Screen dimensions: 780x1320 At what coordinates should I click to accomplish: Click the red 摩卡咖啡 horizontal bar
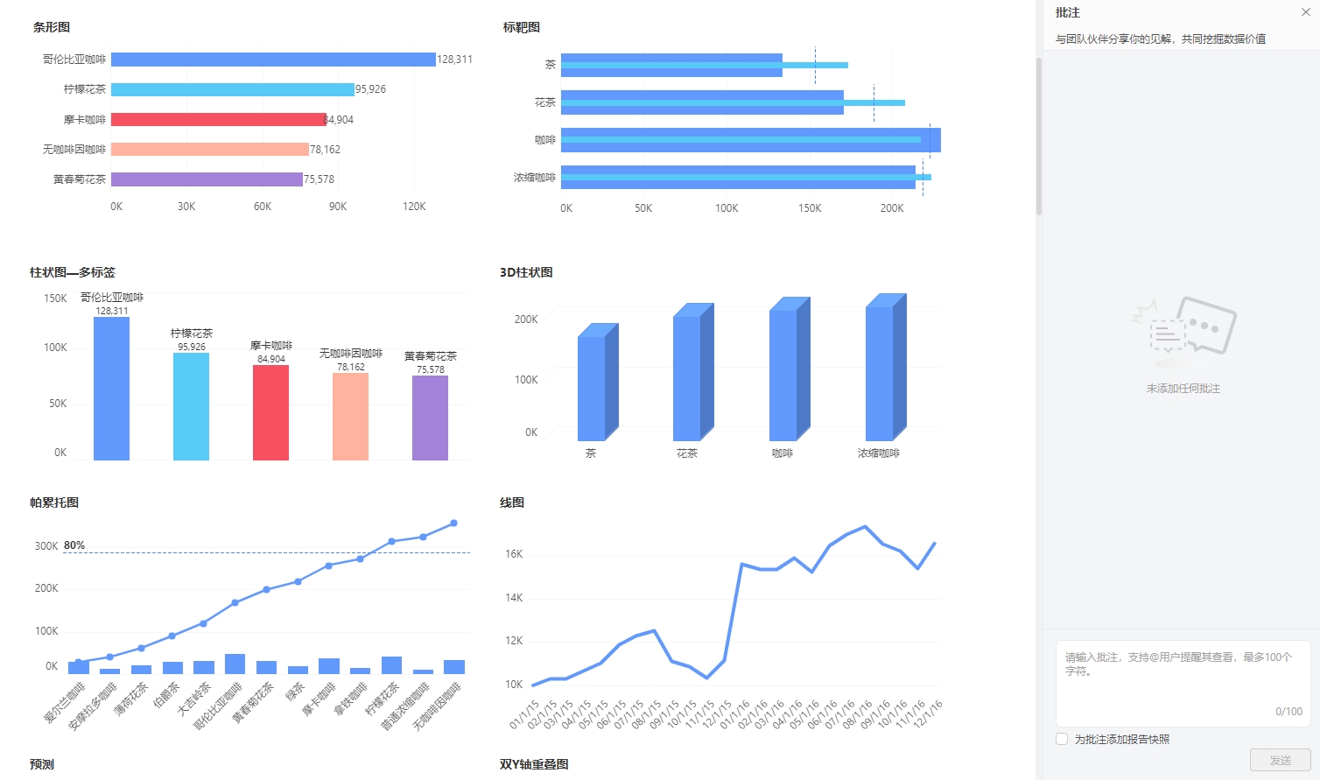click(x=218, y=119)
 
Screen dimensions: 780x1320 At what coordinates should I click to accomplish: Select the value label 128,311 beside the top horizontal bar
click(x=454, y=60)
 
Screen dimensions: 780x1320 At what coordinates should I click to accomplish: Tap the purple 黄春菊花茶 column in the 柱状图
click(x=430, y=418)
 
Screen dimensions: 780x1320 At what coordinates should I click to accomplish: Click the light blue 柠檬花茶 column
click(x=191, y=406)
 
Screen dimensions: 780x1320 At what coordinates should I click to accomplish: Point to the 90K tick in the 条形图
click(x=338, y=207)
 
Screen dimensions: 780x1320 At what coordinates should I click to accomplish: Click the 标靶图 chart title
click(x=522, y=27)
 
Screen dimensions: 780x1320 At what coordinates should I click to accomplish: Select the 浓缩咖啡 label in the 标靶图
click(x=534, y=178)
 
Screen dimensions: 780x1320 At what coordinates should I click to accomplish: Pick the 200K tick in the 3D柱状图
click(x=526, y=320)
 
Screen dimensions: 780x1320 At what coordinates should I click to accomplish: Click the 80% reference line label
click(x=74, y=545)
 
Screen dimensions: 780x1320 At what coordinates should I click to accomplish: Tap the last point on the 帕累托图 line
click(x=453, y=524)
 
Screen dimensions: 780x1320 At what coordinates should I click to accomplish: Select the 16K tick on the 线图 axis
click(x=514, y=554)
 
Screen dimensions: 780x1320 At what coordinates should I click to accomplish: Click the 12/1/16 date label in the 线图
click(x=928, y=714)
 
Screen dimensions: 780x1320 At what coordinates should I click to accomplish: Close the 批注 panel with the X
click(x=1306, y=12)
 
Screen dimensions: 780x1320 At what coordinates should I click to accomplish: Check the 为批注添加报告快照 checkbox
click(x=1062, y=739)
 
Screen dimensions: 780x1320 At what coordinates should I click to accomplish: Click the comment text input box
click(x=1182, y=683)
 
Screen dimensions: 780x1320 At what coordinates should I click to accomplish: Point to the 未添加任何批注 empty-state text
click(x=1183, y=389)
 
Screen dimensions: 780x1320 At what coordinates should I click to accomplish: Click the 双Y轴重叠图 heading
click(x=534, y=764)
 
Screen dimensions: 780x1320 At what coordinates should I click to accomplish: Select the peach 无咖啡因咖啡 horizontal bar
click(x=210, y=149)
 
